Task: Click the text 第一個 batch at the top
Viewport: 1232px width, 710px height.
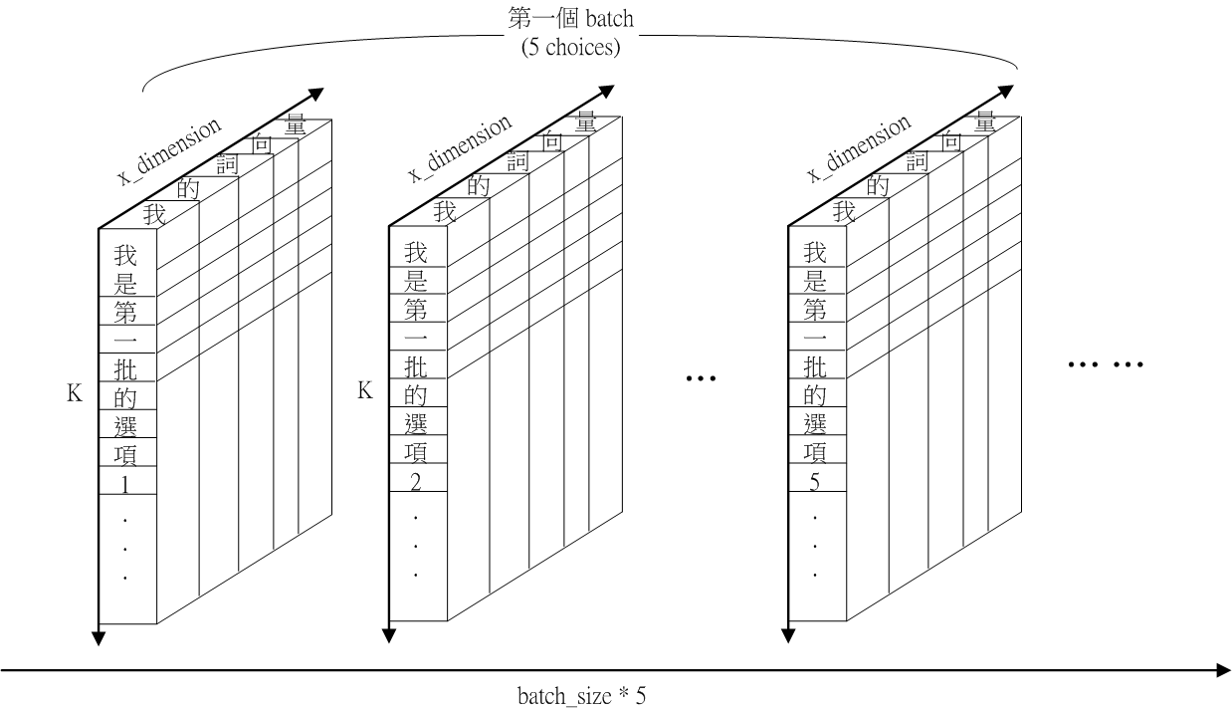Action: point(570,18)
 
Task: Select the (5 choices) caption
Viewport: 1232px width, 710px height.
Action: point(570,46)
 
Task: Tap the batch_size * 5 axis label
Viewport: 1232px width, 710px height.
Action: point(581,694)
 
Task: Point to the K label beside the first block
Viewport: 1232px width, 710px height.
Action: point(75,394)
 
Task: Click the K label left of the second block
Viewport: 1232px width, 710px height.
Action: point(365,391)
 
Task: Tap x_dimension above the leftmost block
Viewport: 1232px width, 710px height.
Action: point(168,149)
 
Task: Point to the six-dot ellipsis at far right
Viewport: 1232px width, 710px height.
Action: point(1106,365)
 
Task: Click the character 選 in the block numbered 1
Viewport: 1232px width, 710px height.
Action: point(125,426)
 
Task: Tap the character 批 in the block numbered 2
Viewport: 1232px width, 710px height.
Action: point(415,367)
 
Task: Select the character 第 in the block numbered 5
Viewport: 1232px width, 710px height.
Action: point(815,310)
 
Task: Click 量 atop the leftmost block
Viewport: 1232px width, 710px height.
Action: point(296,123)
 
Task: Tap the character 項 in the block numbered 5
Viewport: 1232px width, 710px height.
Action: point(815,454)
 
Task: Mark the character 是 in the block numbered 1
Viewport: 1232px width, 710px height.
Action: point(125,281)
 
